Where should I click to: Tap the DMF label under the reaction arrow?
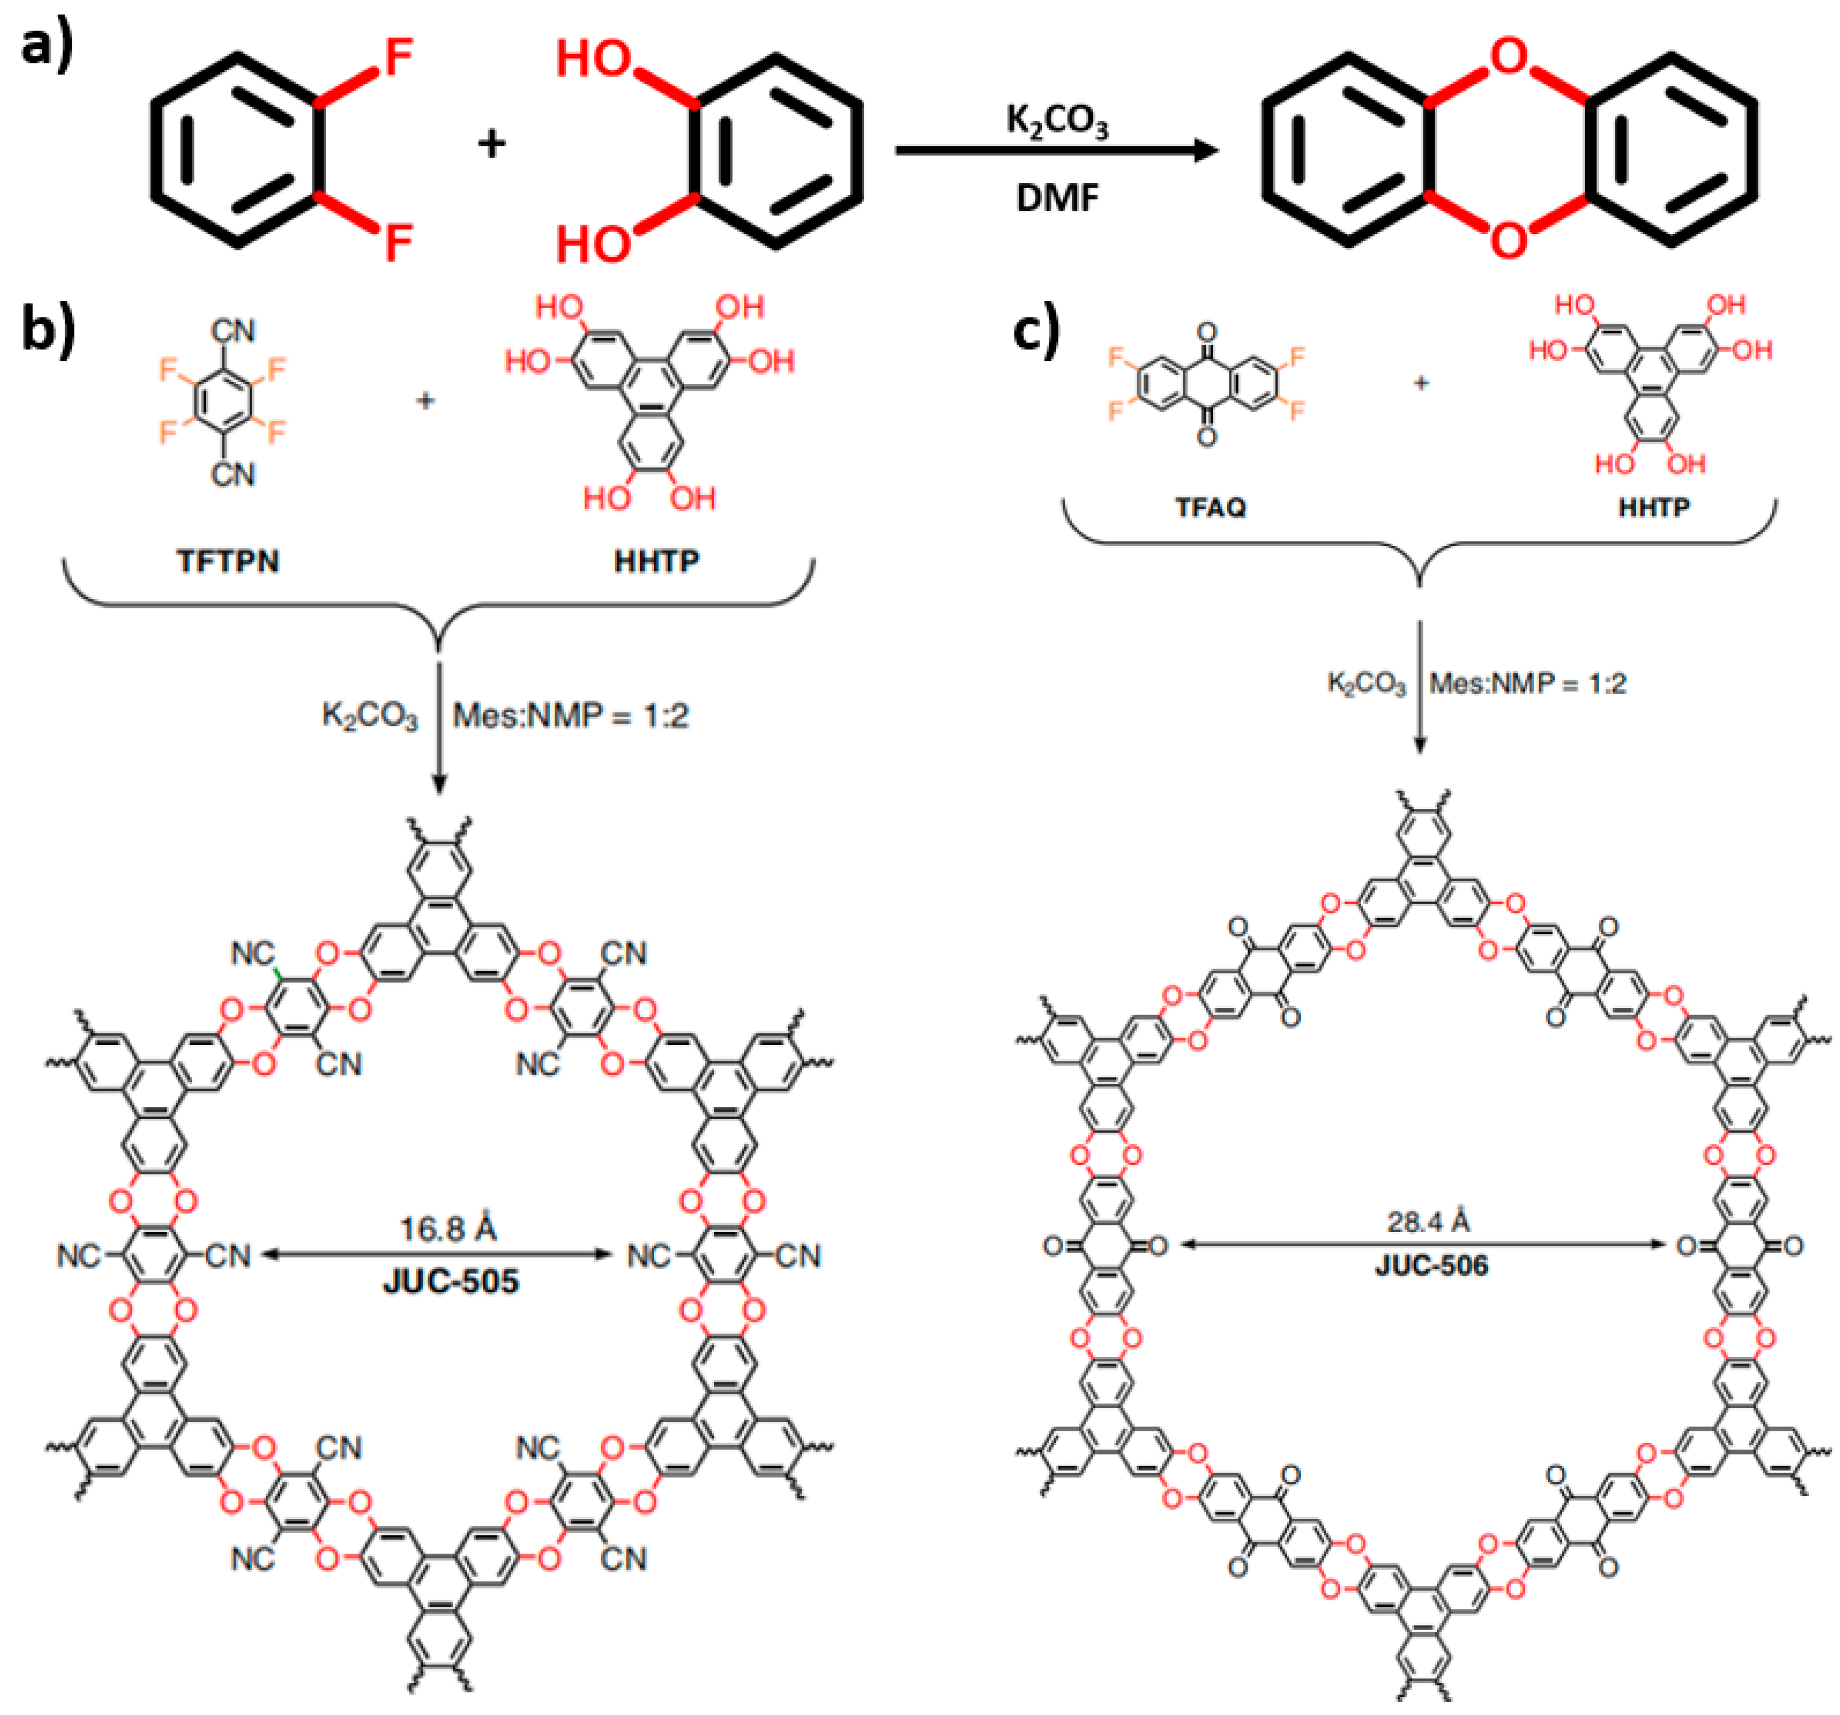(1057, 197)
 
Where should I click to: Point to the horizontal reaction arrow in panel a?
(1055, 151)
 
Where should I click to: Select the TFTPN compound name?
(228, 561)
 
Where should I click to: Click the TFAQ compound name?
(1211, 507)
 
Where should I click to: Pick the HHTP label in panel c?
(1654, 507)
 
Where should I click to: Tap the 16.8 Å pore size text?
(448, 1228)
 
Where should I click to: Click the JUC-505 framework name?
(451, 1281)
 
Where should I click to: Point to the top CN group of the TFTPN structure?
(232, 331)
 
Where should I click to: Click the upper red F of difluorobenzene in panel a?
(398, 57)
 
